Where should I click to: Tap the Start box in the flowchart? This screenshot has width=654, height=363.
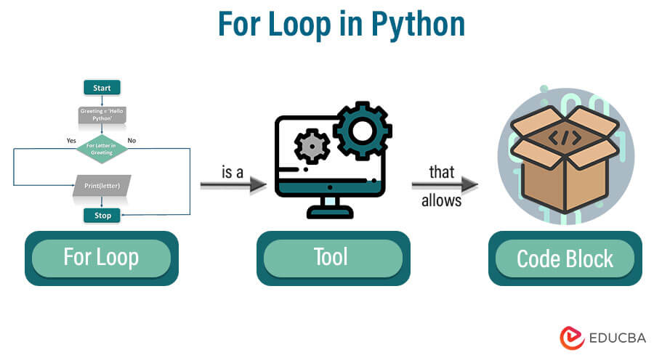[102, 88]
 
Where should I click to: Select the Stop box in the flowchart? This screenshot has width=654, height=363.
[102, 216]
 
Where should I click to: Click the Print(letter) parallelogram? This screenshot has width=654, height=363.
[102, 186]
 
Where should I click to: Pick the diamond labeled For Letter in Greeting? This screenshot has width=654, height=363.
[102, 149]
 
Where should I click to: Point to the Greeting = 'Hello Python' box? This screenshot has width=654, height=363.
[102, 115]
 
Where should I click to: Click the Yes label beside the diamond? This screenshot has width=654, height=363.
[71, 140]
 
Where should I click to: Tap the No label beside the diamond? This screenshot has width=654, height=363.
[132, 140]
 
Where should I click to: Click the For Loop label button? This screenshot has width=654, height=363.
[101, 258]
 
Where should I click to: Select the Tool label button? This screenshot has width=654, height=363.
[331, 258]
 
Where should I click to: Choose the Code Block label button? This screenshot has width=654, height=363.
[565, 258]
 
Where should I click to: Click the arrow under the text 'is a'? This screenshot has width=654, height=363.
[233, 186]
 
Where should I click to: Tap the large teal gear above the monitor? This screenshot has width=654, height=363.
[362, 130]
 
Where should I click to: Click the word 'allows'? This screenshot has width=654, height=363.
[441, 200]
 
